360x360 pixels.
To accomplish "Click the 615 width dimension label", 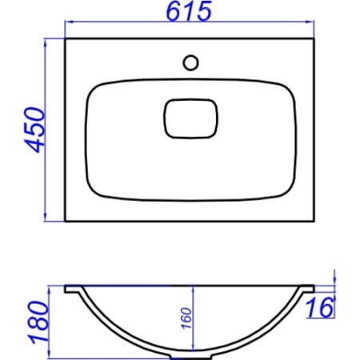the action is (x=189, y=11).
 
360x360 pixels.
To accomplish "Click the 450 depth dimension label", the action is (x=34, y=130).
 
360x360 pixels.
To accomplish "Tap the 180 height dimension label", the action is (x=39, y=322).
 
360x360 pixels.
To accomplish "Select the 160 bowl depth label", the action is (x=186, y=318).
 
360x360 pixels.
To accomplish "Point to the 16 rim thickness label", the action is (x=320, y=308).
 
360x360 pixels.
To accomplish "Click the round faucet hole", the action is (x=190, y=62).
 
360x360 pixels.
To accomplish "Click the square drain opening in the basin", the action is (x=190, y=118).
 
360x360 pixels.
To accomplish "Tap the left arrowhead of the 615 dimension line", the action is (x=69, y=22).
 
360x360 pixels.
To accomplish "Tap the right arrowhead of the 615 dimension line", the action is (x=310, y=22).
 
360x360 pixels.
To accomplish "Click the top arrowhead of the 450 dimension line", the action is (x=46, y=42).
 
